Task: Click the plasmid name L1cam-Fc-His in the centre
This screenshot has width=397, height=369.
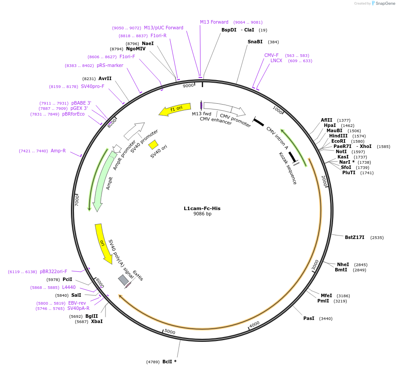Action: [x=202, y=208]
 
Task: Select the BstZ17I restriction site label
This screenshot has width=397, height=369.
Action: [x=354, y=238]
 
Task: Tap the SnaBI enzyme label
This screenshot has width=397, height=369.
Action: [x=255, y=42]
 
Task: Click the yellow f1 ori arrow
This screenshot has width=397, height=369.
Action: [x=175, y=109]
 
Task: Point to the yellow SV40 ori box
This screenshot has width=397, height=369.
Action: [x=153, y=144]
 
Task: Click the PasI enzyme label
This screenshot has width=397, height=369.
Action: [x=309, y=318]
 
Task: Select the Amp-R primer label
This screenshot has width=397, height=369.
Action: [x=58, y=151]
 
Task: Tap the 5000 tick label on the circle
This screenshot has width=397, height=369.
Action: [x=169, y=332]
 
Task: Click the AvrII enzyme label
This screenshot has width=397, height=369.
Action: [x=105, y=79]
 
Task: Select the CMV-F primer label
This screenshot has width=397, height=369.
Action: [x=271, y=55]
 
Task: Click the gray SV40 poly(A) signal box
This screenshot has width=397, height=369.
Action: [x=123, y=279]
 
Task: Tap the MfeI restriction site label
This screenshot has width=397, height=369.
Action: [x=326, y=295]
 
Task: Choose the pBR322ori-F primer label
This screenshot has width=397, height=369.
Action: [x=53, y=271]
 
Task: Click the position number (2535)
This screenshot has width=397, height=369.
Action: [x=377, y=238]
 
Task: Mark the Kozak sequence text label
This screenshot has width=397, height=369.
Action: [x=288, y=168]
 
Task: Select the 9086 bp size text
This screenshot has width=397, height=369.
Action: [x=202, y=214]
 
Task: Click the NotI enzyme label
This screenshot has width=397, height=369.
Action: [x=341, y=151]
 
